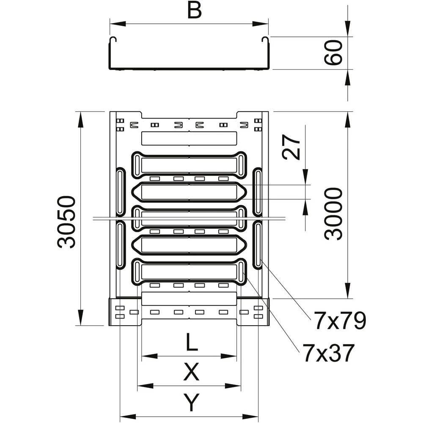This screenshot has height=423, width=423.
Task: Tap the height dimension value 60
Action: [333, 52]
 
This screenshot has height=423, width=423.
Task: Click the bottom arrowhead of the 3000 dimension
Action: [348, 291]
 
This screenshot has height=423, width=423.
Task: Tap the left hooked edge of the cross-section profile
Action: [112, 41]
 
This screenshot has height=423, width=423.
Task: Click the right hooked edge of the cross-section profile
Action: [266, 41]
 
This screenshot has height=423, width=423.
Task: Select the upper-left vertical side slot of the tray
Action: [121, 192]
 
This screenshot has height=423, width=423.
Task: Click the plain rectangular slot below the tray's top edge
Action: [189, 138]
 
